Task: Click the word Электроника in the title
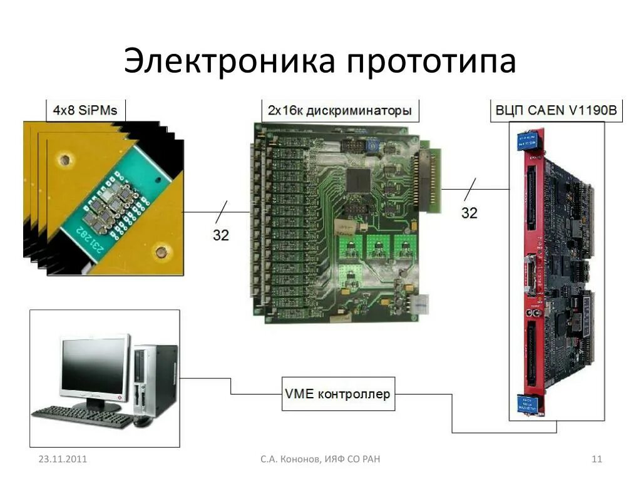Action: coord(228,61)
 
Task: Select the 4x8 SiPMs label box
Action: coord(86,111)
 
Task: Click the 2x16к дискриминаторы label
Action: coord(340,111)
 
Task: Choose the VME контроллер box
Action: coord(338,394)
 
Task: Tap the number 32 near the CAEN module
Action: coord(469,212)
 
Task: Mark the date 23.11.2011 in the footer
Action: coord(63,460)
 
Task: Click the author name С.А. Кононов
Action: coord(290,460)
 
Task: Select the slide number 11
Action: coord(597,460)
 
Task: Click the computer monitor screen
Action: coord(94,366)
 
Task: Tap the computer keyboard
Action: coord(81,416)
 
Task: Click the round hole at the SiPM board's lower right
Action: coord(162,254)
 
